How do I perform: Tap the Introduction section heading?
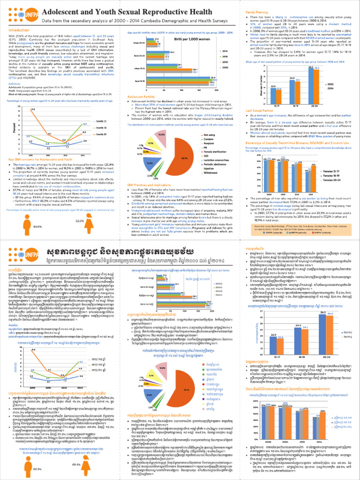pyautogui.click(x=18, y=30)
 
